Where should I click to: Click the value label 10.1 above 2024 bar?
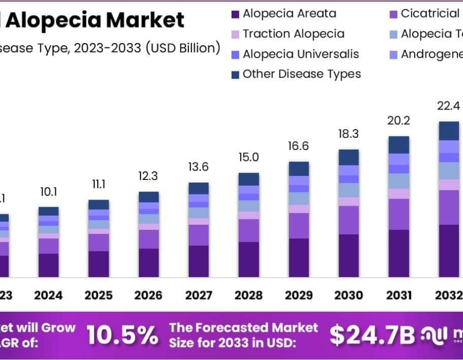[48, 192]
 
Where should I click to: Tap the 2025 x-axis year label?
[98, 295]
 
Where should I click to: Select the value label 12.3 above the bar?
[149, 176]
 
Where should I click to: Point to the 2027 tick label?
[199, 295]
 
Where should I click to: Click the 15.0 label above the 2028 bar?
[248, 157]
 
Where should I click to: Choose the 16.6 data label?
[298, 146]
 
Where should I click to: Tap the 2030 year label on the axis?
[349, 295]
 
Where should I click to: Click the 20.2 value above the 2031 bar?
[399, 121]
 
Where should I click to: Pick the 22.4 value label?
[448, 106]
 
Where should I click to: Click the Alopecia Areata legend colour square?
[236, 14]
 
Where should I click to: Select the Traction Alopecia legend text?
[293, 34]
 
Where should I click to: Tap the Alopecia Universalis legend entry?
[300, 54]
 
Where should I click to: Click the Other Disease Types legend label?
[301, 74]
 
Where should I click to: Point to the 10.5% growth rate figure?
[122, 335]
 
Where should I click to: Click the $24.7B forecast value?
[371, 335]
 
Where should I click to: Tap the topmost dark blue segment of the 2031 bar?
[399, 145]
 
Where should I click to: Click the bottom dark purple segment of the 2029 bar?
[298, 258]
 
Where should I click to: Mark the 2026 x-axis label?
[149, 295]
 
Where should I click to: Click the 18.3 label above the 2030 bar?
[349, 134]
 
